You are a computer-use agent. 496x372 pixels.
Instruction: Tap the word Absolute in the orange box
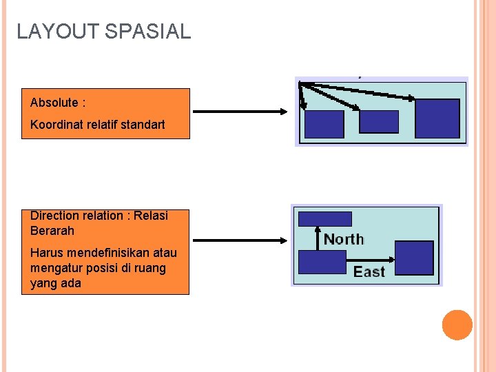(54, 103)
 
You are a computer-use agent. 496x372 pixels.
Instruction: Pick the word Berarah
(52, 231)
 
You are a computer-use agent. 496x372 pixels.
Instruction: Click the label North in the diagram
(344, 239)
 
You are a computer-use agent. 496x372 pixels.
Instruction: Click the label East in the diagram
(369, 271)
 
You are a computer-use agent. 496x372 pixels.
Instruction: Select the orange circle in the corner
(457, 325)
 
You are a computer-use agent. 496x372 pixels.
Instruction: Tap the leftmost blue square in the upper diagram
(324, 124)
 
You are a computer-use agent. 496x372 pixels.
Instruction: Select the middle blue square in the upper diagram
(379, 121)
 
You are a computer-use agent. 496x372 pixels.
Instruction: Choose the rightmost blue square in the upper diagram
(437, 118)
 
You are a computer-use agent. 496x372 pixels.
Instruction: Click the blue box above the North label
(324, 219)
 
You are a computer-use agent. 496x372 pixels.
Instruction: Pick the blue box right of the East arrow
(415, 258)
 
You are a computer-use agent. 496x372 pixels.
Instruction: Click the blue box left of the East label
(322, 262)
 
